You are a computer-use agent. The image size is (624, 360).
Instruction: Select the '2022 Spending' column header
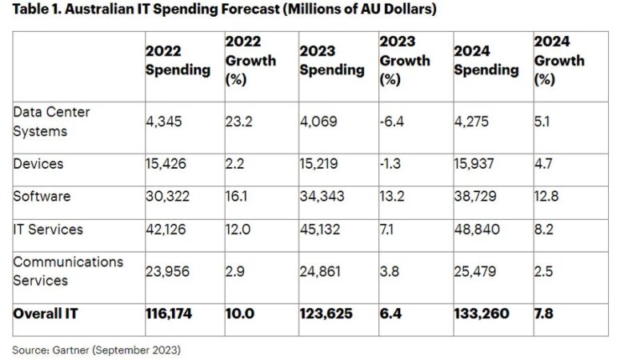pos(177,60)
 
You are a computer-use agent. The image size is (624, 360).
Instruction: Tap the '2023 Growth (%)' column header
pos(405,60)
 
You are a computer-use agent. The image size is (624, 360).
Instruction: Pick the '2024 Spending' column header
pos(486,60)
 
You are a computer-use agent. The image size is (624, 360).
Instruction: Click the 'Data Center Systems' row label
pos(51,121)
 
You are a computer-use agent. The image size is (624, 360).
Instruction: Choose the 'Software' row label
pos(42,196)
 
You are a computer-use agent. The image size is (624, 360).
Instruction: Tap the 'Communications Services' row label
pos(68,271)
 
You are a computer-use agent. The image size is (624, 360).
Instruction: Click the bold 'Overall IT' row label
pos(45,314)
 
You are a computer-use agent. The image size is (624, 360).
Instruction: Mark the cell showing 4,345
pos(164,122)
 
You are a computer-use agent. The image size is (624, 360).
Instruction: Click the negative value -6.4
pos(392,122)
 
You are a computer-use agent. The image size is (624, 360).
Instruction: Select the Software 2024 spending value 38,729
pos(478,196)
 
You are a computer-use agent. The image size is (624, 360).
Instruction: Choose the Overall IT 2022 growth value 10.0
pos(239,314)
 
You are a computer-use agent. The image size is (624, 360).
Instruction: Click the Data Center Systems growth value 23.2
pos(238,122)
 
